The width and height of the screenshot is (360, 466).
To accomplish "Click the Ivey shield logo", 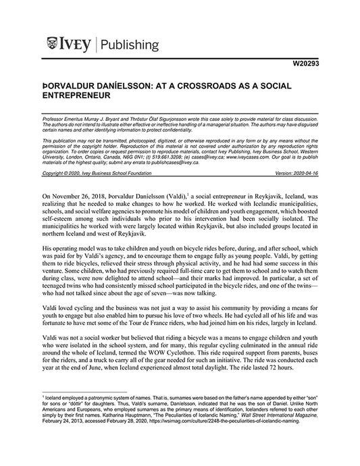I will [53, 45].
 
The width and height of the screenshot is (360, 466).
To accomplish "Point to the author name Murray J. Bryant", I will [103, 117].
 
